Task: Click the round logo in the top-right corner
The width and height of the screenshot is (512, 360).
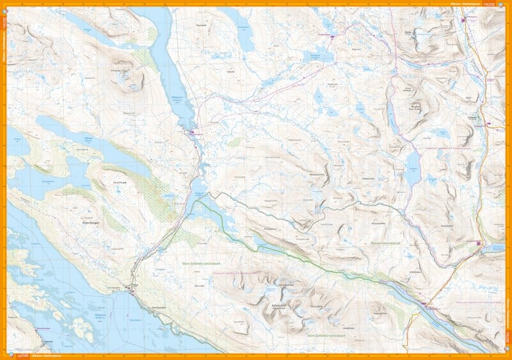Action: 508,4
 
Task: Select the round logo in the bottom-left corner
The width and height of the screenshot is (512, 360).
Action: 4,356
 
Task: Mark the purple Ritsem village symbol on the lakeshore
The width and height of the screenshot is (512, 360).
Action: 131,288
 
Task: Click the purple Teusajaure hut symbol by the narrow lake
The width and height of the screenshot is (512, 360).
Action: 423,304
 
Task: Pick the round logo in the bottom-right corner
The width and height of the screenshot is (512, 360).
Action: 508,356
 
